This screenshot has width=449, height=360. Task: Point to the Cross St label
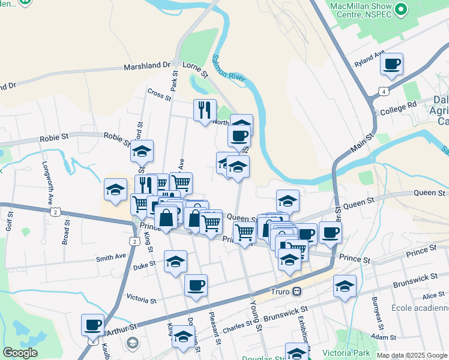[159, 94]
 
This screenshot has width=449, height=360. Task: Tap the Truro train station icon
[296, 292]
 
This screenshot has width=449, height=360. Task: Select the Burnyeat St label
[375, 312]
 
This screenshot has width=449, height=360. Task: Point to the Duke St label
[144, 265]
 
